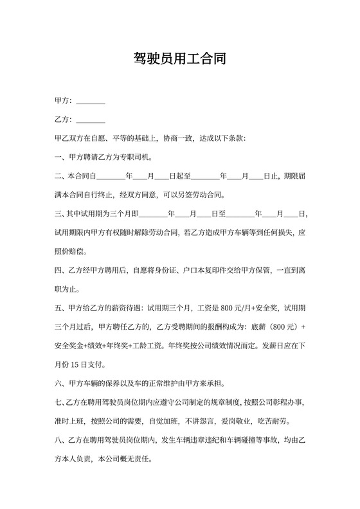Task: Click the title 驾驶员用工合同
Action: click(180, 60)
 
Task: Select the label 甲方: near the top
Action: click(64, 101)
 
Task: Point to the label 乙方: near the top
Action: click(64, 120)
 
